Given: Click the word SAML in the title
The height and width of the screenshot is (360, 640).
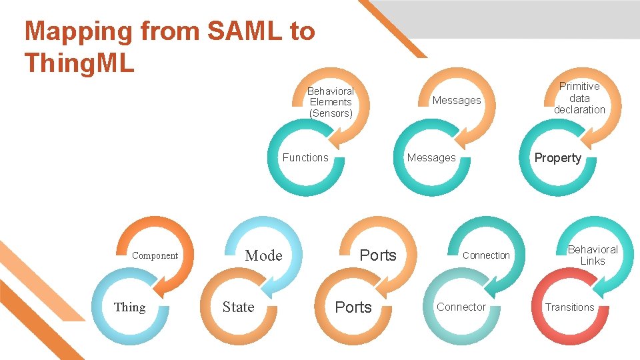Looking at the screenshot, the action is click(x=245, y=31).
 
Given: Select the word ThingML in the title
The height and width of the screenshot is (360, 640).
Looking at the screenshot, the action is click(x=79, y=63).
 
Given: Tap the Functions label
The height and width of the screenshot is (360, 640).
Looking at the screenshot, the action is click(x=305, y=157).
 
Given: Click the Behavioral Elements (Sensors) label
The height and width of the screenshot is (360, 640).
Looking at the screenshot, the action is click(x=331, y=102).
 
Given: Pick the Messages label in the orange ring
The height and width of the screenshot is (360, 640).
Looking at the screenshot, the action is click(x=457, y=101).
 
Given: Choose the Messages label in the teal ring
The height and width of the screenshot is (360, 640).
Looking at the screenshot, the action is click(x=431, y=157).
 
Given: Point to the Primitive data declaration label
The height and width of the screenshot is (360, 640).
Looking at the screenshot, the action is click(x=579, y=98).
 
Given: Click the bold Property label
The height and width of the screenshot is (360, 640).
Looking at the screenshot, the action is click(x=558, y=158).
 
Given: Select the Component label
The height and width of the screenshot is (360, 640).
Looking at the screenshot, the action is click(x=155, y=255).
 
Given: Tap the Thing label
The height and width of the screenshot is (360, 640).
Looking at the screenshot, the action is click(x=130, y=307).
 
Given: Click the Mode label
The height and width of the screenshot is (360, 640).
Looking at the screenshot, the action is click(x=264, y=255).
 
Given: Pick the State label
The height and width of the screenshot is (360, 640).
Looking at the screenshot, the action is click(x=239, y=307).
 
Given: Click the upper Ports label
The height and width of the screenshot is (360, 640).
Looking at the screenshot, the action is click(x=378, y=255).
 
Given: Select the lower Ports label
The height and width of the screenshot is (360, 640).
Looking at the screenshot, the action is click(x=353, y=307).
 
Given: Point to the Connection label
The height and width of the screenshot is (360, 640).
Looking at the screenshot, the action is click(x=486, y=255).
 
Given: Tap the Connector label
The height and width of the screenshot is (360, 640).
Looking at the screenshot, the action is click(x=461, y=307).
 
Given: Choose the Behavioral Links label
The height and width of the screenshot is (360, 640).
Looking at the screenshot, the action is click(x=593, y=255).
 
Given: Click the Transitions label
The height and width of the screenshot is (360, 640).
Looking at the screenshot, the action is click(x=570, y=307).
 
